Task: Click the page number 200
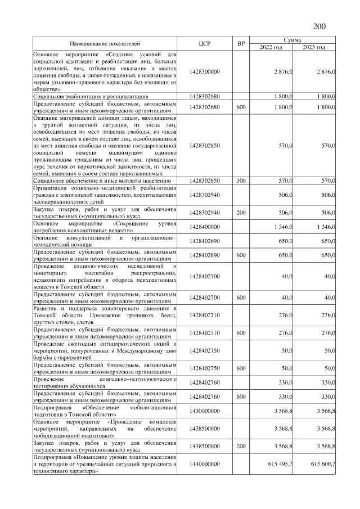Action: (x=319, y=26)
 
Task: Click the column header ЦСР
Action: (x=204, y=43)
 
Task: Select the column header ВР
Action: (x=241, y=43)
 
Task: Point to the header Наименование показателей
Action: (x=105, y=43)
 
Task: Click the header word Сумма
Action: (x=292, y=40)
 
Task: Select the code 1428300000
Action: (x=205, y=71)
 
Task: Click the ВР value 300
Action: (x=241, y=181)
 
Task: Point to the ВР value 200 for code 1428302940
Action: (x=241, y=213)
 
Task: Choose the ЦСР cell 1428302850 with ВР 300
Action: (x=205, y=181)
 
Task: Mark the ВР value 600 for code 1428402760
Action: (x=241, y=397)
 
